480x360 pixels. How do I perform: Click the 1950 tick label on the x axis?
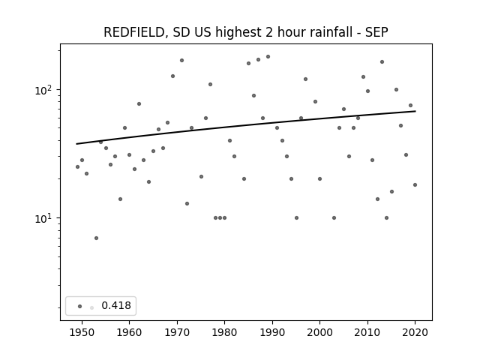[x=82, y=332]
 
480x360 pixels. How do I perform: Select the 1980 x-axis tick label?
[x=224, y=332]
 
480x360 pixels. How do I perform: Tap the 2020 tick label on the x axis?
[x=415, y=332]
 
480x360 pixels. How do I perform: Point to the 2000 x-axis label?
[x=319, y=332]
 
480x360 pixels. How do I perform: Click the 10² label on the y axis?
[x=46, y=90]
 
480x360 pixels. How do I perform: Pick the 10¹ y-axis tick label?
[x=46, y=218]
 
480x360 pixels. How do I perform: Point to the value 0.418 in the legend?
[x=116, y=305]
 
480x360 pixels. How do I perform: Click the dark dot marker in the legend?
[x=80, y=306]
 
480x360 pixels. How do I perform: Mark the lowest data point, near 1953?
[x=96, y=238]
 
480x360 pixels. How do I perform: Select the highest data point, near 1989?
[x=268, y=57]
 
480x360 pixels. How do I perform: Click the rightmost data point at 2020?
[x=415, y=185]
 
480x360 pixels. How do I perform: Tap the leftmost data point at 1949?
[x=77, y=166]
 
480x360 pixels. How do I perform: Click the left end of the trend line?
[x=76, y=144]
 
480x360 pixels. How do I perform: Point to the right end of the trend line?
[x=415, y=111]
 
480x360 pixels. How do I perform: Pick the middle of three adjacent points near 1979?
[x=220, y=218]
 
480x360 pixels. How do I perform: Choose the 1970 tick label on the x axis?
[x=177, y=332]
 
